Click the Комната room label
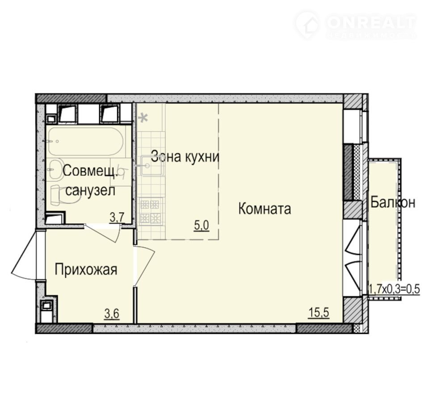(265, 209)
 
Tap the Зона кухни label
(185, 157)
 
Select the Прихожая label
(86, 270)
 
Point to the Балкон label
(393, 203)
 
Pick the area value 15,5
(319, 312)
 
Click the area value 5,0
(202, 226)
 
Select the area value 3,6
(112, 314)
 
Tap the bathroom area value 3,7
(117, 218)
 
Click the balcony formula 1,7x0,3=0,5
(394, 288)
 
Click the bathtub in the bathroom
(86, 142)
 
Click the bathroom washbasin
(57, 169)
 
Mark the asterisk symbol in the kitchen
(143, 118)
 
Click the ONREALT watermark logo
(355, 25)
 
